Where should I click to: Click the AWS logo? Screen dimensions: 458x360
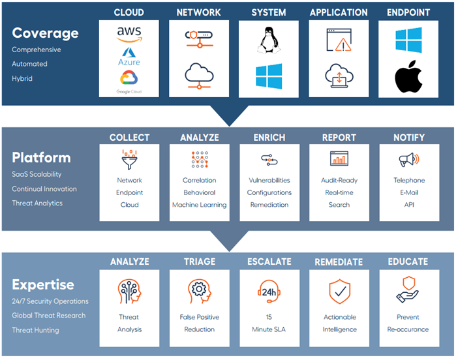(129, 34)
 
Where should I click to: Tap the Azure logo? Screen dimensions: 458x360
(129, 56)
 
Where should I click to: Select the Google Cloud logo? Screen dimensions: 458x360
(129, 82)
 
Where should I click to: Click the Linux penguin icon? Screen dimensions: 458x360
(268, 40)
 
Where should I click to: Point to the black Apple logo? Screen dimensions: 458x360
(408, 76)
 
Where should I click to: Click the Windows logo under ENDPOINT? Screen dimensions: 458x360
(408, 40)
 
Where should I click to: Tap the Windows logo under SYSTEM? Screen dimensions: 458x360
(269, 76)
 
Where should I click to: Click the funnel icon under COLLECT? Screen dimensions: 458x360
(129, 159)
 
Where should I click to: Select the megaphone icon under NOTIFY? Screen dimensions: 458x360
(409, 159)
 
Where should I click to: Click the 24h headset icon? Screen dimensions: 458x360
(269, 292)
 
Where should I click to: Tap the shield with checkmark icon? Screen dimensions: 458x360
(339, 291)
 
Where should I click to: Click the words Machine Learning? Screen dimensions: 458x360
(200, 205)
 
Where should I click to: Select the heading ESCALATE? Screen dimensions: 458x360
(269, 262)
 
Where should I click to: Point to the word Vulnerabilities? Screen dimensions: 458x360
(269, 180)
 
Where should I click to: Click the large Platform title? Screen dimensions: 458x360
(42, 158)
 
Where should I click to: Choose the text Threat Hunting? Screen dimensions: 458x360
(35, 330)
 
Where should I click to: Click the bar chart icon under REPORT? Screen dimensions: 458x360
(339, 158)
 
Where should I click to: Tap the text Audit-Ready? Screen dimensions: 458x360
(339, 181)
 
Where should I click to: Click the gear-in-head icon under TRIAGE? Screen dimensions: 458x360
(200, 291)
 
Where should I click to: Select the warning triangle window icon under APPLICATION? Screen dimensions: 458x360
(339, 40)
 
